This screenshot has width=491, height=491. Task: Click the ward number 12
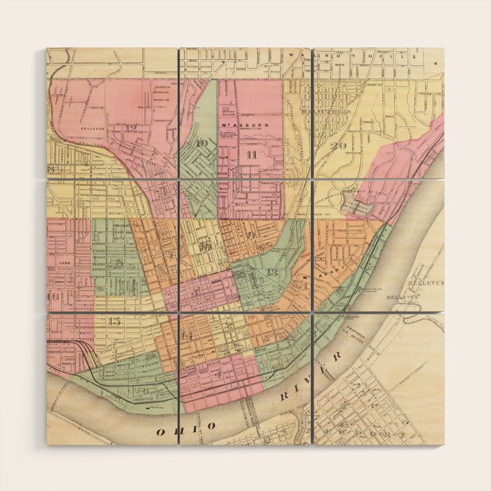(x=131, y=128)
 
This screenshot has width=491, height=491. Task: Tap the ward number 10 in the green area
(x=203, y=143)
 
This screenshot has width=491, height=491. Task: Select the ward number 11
(x=250, y=153)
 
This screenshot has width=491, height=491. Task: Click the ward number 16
(x=53, y=297)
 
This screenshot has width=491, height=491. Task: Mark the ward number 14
(x=187, y=334)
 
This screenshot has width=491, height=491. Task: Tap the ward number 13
(x=273, y=271)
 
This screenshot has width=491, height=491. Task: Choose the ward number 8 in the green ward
(x=120, y=263)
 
